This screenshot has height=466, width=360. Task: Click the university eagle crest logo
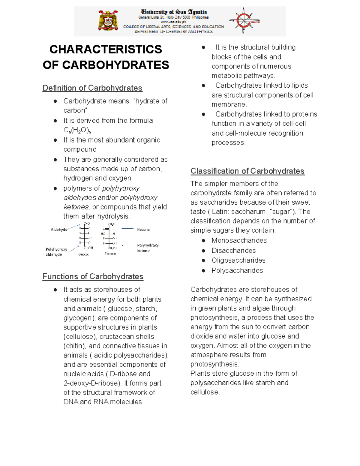point(108,20)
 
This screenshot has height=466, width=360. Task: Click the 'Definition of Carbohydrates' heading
point(92,88)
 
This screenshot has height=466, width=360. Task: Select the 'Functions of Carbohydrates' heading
point(93,276)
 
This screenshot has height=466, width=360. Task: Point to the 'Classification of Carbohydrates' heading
point(247,171)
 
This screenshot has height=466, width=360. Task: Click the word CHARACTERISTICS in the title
point(106,49)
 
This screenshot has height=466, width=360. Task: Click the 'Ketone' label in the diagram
point(143,230)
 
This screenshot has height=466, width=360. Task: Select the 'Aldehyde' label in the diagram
point(59,230)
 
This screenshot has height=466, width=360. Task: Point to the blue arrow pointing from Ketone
point(127,229)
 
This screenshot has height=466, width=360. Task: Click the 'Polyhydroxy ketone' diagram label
point(148,248)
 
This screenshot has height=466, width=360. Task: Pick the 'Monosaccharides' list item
point(239,240)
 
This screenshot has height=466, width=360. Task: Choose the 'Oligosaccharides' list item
point(238,260)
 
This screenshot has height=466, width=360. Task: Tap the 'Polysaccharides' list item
point(237,270)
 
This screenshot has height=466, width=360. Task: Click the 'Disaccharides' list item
point(234,251)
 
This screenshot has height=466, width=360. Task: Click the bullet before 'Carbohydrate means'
point(55,101)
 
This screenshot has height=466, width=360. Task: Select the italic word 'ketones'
point(76,207)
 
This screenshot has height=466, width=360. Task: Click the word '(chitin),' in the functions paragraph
point(75,346)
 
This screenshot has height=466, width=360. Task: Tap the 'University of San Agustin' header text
point(174,12)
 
